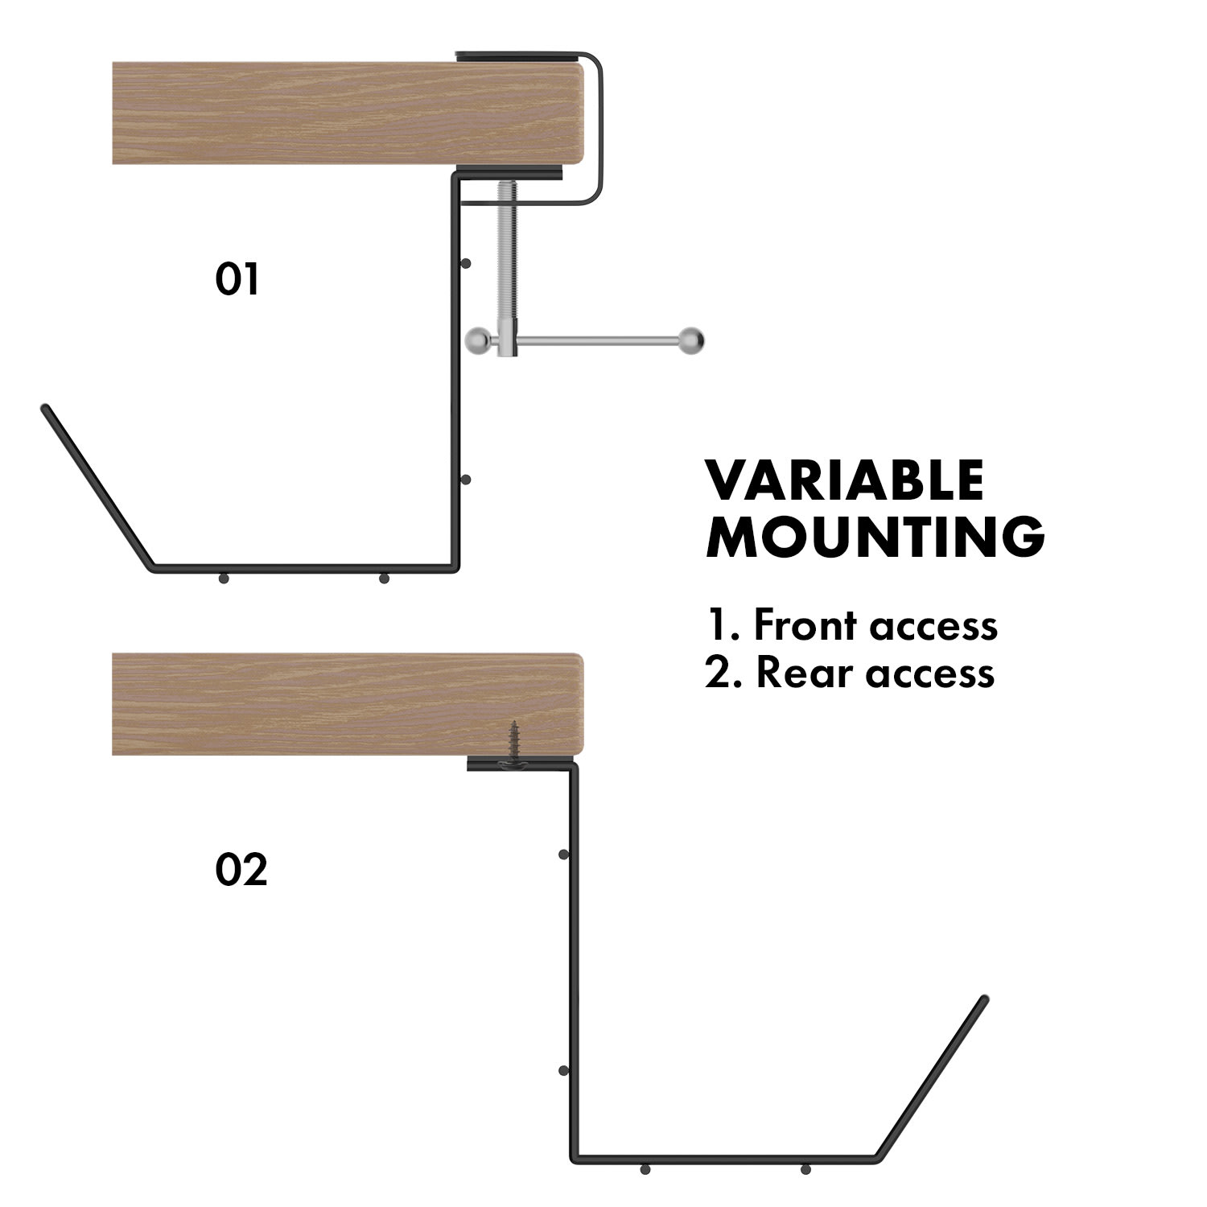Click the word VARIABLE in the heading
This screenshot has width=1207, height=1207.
coord(845,480)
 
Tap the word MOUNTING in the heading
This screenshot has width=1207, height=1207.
coord(875,537)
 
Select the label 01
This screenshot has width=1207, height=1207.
coord(237,279)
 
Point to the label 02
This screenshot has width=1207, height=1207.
coord(241,871)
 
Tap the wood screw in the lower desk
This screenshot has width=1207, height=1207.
coord(512,743)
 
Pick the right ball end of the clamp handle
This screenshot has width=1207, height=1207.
coord(691,340)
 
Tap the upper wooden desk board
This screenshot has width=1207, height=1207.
coord(346,113)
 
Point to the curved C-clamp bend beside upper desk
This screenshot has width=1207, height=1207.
coord(598,129)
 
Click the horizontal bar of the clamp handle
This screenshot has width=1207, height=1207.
coord(599,340)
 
